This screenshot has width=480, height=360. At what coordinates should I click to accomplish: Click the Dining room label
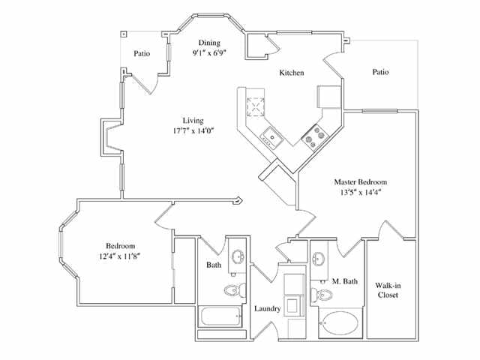click(x=209, y=42)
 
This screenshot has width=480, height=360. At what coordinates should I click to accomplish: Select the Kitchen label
click(x=292, y=73)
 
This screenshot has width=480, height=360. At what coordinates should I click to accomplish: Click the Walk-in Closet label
click(x=388, y=289)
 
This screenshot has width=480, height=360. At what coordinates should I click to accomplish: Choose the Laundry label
click(x=267, y=308)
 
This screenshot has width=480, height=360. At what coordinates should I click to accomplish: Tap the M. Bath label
click(x=345, y=281)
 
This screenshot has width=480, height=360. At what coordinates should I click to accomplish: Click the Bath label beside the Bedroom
click(x=214, y=265)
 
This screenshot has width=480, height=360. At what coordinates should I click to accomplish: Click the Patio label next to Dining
click(x=143, y=53)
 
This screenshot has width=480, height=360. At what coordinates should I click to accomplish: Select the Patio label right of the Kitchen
click(x=385, y=73)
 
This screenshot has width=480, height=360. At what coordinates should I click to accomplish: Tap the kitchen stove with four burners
click(x=313, y=136)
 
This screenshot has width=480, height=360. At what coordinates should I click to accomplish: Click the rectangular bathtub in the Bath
click(x=222, y=316)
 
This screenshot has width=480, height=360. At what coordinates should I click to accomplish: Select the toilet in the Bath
click(x=232, y=289)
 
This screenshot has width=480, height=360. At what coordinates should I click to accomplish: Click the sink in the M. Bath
click(x=319, y=259)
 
